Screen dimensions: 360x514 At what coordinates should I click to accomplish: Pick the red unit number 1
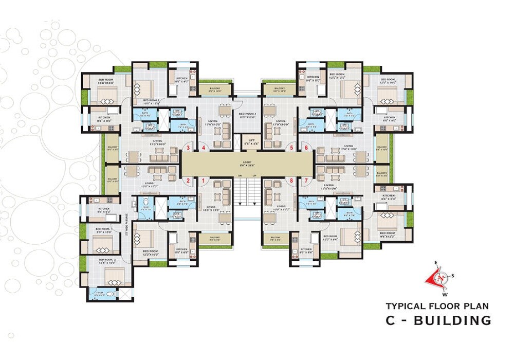[x=204, y=181]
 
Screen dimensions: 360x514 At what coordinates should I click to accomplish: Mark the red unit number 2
[x=189, y=181]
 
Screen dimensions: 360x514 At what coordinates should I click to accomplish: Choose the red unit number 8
[x=291, y=181]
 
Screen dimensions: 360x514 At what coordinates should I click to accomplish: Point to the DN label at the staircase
[x=240, y=177]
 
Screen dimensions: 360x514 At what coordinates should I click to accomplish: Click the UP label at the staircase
[x=254, y=177]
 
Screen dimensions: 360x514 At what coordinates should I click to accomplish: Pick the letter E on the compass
[x=436, y=263]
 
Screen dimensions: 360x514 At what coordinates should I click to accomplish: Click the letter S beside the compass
[x=453, y=276]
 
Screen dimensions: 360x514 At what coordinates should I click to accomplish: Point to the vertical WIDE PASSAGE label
[x=126, y=226]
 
